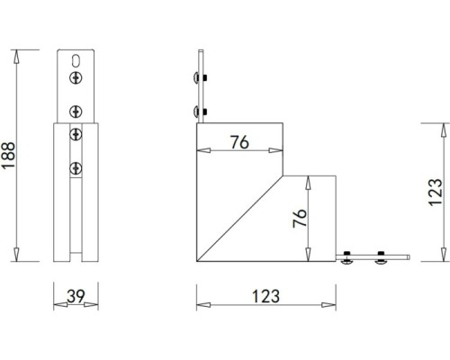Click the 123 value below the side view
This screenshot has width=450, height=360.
(x=266, y=295)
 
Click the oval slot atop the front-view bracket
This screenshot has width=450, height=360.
(x=76, y=62)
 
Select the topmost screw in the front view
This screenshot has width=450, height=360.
(x=76, y=79)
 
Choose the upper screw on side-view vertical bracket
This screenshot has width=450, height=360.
(x=197, y=79)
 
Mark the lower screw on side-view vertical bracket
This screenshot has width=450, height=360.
(x=197, y=112)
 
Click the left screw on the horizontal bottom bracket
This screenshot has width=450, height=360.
(x=347, y=261)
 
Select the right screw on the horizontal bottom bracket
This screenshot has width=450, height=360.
(x=380, y=261)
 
